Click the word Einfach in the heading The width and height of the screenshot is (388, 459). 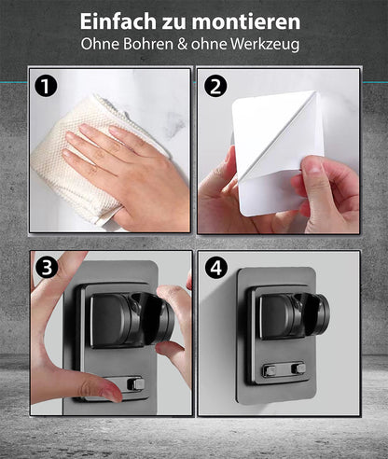(x=118, y=21)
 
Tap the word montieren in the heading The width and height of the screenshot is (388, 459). (x=246, y=21)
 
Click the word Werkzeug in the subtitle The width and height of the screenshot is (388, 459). (x=265, y=45)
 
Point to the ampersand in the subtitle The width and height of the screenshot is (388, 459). (x=182, y=44)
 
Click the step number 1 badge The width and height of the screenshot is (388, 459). (x=46, y=86)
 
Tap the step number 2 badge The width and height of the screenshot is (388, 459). (x=215, y=86)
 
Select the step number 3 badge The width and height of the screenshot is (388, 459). (x=47, y=267)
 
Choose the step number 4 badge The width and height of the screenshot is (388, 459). (x=216, y=267)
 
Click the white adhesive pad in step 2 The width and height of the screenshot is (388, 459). (x=277, y=152)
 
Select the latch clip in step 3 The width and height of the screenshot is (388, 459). (x=136, y=384)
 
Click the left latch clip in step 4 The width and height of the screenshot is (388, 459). (x=270, y=370)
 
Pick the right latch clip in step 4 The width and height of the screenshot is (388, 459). (x=300, y=369)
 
